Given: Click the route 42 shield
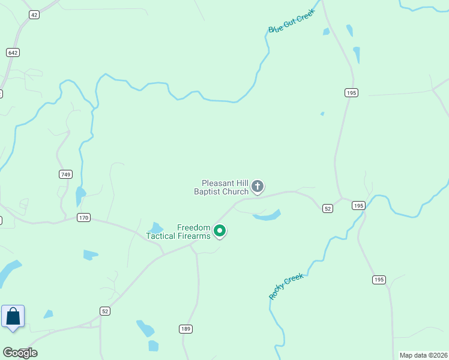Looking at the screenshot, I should tap(34, 15).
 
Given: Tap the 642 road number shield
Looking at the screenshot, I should tap(13, 53).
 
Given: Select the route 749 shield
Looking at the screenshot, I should tap(66, 175).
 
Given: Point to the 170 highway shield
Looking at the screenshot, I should tap(83, 217).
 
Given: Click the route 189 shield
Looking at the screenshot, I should tap(185, 328).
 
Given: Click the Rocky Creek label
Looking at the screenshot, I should tap(286, 286).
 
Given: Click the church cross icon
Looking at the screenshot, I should tap(258, 187).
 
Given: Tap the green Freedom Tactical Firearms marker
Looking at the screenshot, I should tap(220, 230).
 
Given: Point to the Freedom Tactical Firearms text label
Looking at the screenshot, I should tap(178, 232).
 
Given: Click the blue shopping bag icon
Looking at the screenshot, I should tap(13, 316).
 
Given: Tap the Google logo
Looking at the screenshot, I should tap(19, 353).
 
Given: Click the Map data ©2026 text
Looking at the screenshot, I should tap(423, 355).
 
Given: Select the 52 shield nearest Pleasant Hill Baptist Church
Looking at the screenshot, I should tap(327, 208).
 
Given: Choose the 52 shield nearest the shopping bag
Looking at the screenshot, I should tap(105, 310).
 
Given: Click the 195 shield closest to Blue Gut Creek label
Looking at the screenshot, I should tap(352, 92).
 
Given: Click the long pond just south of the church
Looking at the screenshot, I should tap(268, 215).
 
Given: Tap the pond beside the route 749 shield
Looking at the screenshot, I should tap(80, 195).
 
